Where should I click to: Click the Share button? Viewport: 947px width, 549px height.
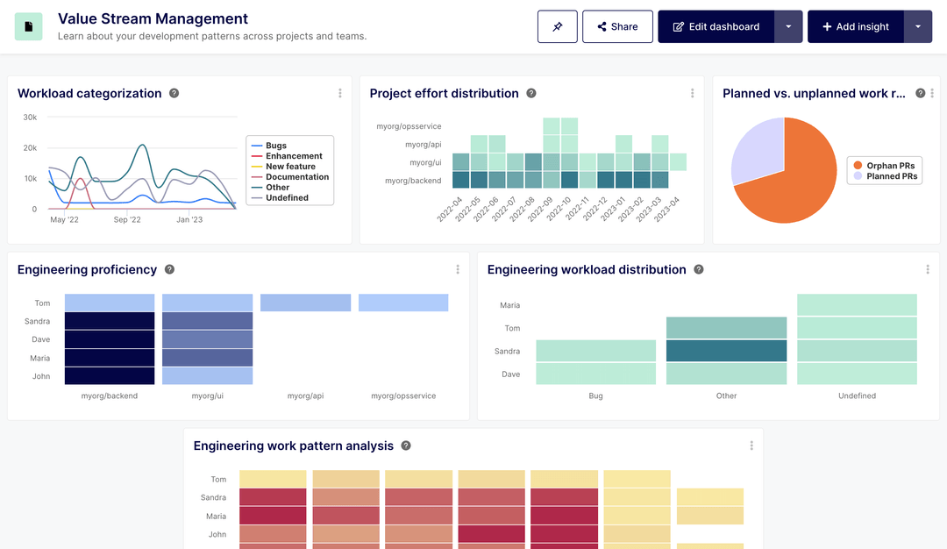click(617, 26)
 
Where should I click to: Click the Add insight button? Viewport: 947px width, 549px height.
click(855, 26)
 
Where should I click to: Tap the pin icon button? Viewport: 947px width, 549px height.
click(558, 26)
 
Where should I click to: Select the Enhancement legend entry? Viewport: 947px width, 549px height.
click(294, 156)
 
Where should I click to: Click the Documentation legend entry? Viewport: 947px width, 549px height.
click(297, 177)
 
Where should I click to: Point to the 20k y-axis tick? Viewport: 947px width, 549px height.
click(30, 148)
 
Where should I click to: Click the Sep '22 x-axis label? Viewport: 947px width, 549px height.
click(127, 219)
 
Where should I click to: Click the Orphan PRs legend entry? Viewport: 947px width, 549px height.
click(893, 166)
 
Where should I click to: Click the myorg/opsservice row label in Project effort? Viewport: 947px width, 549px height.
click(409, 126)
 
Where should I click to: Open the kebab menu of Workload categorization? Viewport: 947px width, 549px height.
click(340, 94)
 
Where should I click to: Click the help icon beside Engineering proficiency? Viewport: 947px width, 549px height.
click(169, 270)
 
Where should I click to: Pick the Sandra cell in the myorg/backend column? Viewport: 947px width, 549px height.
click(110, 321)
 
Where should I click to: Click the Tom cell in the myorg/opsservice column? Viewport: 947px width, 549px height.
click(403, 303)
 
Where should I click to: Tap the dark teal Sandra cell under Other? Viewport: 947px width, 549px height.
click(726, 351)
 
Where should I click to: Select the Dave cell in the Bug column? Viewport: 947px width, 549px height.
click(596, 374)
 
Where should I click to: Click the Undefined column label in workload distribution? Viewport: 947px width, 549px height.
click(857, 396)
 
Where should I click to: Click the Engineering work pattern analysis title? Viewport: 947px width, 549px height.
click(294, 446)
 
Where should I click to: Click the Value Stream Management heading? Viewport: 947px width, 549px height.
click(153, 18)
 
